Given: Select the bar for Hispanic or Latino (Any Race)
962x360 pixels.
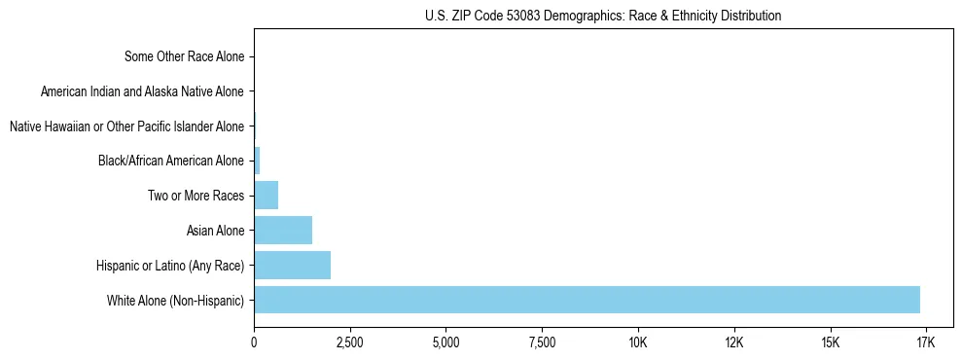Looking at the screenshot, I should pos(292,265).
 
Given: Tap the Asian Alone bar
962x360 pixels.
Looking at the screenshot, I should pos(283,231).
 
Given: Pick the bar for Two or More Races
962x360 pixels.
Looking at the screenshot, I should pos(266,196).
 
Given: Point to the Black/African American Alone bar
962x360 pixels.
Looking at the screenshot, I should pos(257,161).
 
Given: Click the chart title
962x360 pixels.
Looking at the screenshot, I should pos(603,16).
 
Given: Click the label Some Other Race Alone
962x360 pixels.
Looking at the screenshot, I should pos(185,56).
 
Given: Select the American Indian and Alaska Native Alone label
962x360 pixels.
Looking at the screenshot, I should pos(143,91).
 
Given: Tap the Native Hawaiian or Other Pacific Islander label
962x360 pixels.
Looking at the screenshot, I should pos(126,126).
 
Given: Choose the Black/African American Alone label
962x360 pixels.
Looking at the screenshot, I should pos(171,161).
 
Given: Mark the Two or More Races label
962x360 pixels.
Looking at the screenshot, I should pos(196,196).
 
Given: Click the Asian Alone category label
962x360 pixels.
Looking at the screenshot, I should pos(215,231).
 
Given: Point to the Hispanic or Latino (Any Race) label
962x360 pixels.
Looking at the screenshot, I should pos(170,265).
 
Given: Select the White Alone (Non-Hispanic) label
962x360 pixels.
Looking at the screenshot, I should pos(176,300).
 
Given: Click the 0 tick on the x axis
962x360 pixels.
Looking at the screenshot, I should pos(254,342).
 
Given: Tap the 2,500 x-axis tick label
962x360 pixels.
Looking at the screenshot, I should pos(349,342).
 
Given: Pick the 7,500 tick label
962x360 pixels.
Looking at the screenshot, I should pos(542,342).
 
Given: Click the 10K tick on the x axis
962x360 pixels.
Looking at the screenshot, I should pos(638,342).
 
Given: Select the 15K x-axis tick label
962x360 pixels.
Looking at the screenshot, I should pos(830,342).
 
